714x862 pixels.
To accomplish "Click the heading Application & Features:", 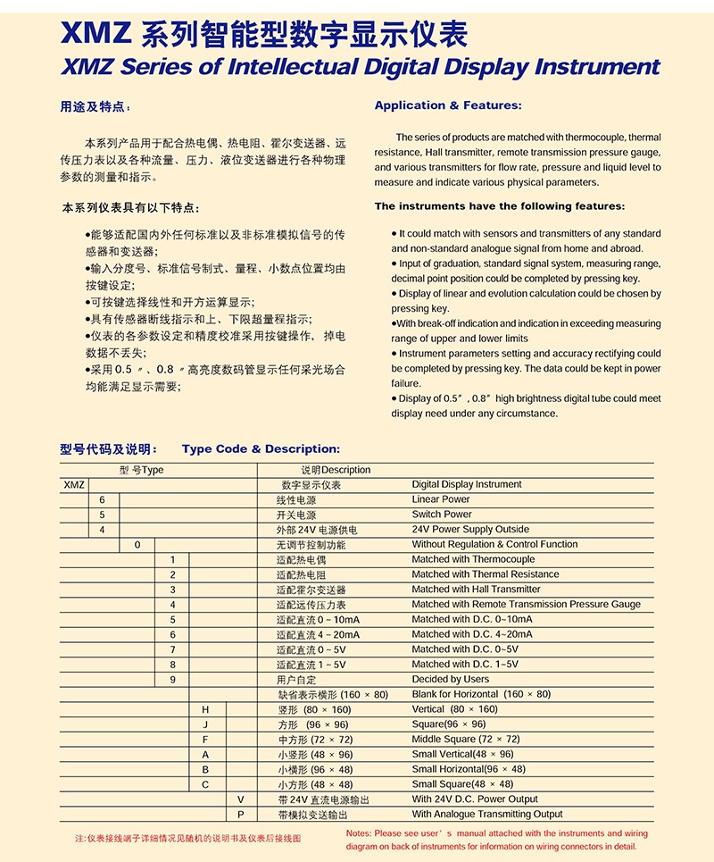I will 435,105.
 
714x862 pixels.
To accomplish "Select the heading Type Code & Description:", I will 261,449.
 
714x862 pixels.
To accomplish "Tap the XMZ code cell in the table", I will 74,485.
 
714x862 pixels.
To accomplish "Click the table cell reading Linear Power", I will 441,499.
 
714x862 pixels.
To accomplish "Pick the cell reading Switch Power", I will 442,515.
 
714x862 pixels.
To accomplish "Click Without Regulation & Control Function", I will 494,544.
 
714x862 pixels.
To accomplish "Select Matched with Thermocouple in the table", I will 473,559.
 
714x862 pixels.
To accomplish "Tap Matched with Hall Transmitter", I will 476,590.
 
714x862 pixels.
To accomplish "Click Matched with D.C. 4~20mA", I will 471,634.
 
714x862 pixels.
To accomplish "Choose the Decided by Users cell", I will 451,679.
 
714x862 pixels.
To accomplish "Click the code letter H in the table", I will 205,709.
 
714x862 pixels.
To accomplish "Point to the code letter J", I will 205,724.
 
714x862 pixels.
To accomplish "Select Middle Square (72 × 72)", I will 465,740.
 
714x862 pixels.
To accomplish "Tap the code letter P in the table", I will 240,815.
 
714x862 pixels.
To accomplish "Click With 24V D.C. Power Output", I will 475,799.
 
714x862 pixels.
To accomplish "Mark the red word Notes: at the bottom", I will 360,833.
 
